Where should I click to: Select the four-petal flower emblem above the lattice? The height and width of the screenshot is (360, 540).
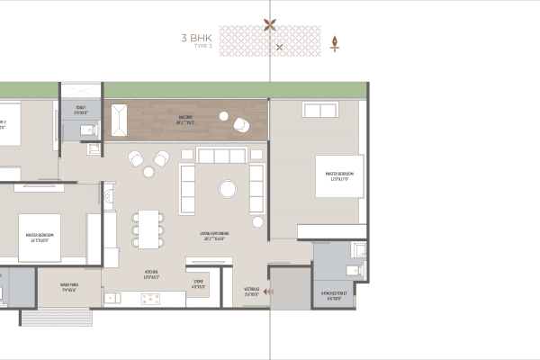pyautogui.click(x=270, y=25)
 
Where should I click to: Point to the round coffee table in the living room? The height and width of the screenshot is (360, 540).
pyautogui.click(x=227, y=189)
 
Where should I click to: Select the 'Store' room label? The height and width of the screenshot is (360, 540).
pyautogui.click(x=198, y=283)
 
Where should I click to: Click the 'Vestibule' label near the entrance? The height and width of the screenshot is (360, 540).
pyautogui.click(x=253, y=291)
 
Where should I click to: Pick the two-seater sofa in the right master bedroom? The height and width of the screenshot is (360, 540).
pyautogui.click(x=320, y=111)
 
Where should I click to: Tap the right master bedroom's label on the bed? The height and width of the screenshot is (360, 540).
pyautogui.click(x=340, y=175)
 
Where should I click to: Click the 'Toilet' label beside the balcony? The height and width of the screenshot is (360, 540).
pyautogui.click(x=81, y=112)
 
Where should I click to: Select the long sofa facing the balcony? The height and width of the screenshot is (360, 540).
pyautogui.click(x=221, y=157)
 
